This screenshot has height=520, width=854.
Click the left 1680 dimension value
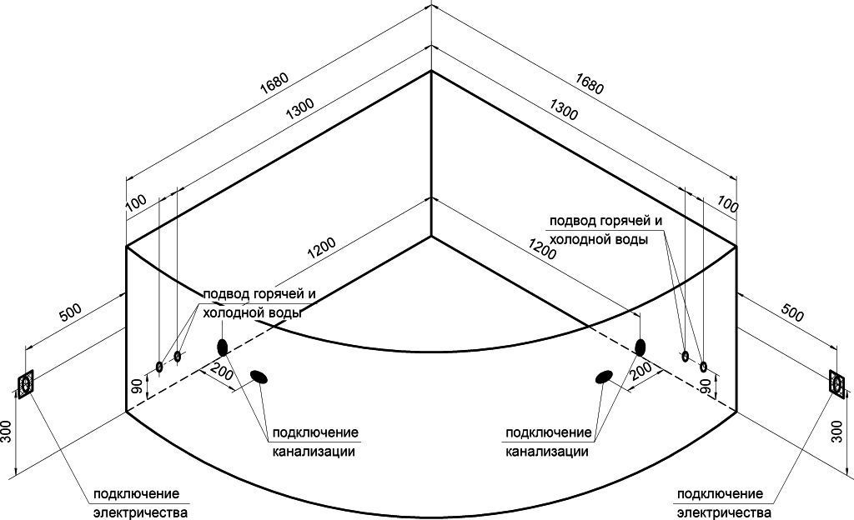click(x=275, y=83)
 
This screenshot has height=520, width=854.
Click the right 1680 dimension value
click(x=589, y=83)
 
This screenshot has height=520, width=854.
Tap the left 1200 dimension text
click(x=320, y=247)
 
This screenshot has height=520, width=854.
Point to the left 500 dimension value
click(x=70, y=312)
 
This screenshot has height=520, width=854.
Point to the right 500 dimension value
click(x=791, y=312)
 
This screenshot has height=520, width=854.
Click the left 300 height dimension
click(x=8, y=432)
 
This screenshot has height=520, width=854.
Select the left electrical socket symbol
click(x=25, y=383)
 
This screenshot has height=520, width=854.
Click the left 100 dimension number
click(x=137, y=201)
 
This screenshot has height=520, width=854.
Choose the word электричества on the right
click(x=723, y=512)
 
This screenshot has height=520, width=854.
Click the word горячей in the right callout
click(x=619, y=222)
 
